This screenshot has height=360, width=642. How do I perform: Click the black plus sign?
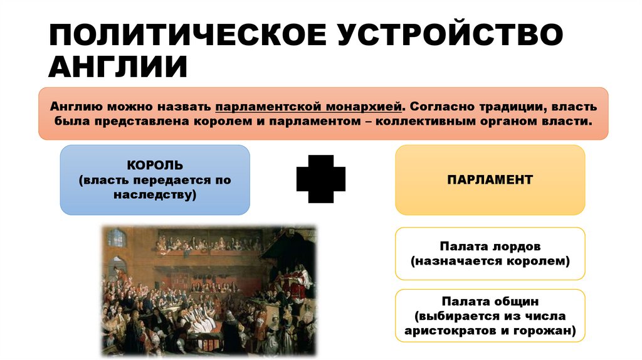(x=321, y=178)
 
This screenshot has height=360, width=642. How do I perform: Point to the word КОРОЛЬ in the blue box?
(x=155, y=166)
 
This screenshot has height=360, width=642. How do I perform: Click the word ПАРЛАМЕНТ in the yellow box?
(x=490, y=180)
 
